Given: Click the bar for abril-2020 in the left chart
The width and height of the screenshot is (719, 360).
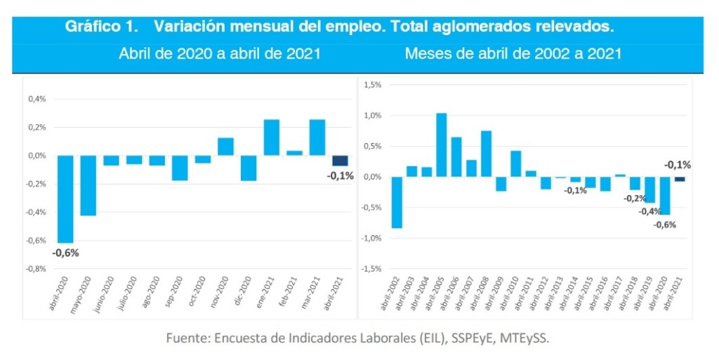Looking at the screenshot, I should click(65, 199).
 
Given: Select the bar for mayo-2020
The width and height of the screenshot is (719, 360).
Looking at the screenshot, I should click(88, 185).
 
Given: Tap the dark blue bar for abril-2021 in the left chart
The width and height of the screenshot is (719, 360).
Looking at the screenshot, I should click(340, 161).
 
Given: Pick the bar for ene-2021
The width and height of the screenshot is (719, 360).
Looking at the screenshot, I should click(272, 138).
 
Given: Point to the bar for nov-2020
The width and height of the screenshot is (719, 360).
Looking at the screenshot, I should click(225, 147).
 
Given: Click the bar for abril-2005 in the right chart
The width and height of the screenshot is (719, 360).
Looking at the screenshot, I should click(442, 145).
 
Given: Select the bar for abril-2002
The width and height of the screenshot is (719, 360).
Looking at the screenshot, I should click(397, 202).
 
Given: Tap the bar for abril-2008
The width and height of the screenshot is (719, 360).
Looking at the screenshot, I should click(486, 154).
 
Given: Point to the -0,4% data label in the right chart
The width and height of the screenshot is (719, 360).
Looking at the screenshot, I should click(649, 211).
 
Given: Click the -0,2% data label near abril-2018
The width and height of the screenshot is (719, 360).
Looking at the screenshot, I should click(635, 198).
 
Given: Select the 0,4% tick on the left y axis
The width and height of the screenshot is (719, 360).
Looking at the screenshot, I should click(37, 99).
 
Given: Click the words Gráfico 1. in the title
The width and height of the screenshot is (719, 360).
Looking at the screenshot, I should click(98, 27).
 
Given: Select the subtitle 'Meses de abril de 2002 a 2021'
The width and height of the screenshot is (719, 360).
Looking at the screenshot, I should click(513, 54).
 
